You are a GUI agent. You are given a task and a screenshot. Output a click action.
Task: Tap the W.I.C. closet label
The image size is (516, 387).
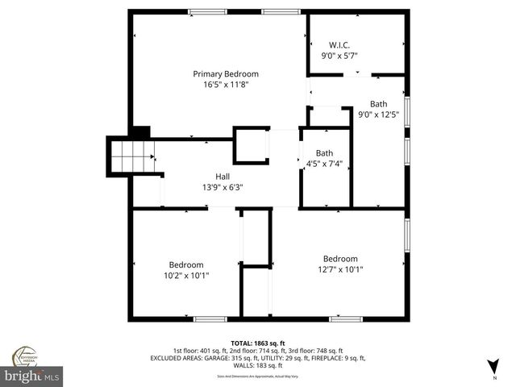[x=339, y=44]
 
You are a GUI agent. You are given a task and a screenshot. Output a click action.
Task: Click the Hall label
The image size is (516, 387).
[x=222, y=176]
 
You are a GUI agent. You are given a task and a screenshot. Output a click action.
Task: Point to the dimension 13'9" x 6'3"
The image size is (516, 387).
[x=222, y=187]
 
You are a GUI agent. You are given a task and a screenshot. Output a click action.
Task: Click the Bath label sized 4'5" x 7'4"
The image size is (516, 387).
[x=324, y=152]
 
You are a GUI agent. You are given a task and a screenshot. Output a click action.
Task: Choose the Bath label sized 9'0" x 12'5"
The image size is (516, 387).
[x=378, y=103]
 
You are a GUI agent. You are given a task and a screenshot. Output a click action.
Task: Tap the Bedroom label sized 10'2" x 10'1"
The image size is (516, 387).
[x=185, y=264]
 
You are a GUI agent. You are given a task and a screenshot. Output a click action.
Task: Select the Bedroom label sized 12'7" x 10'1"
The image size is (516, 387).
[x=339, y=258]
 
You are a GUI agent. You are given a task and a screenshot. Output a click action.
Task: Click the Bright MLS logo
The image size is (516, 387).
[x=32, y=376]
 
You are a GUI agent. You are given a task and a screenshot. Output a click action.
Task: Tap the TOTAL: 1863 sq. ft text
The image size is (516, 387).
[x=259, y=343]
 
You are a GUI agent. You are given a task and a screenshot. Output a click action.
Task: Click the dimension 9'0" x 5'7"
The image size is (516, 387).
[x=339, y=56]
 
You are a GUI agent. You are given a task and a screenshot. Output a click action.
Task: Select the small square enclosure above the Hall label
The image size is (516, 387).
[x=251, y=144]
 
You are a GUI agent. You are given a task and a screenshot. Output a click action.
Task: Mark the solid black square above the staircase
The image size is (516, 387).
[x=140, y=131]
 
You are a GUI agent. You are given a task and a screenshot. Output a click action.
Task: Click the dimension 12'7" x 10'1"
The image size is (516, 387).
[x=339, y=269]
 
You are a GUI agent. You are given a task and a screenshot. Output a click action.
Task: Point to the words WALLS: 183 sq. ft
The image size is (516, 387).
[x=259, y=365]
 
